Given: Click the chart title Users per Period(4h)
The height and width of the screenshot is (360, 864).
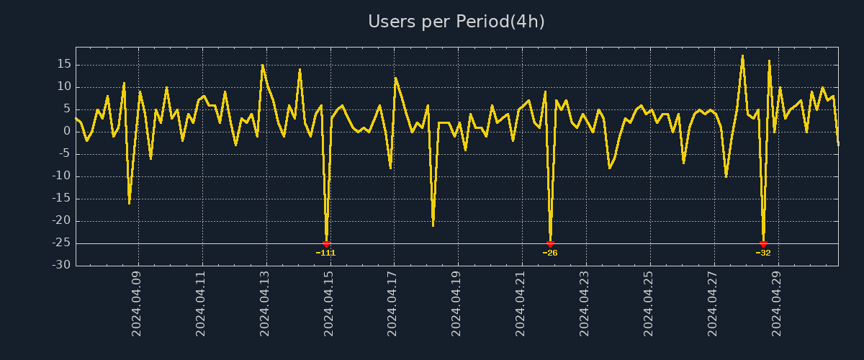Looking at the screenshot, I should coord(456,22).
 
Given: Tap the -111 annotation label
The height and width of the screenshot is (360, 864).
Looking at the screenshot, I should coord(326,253).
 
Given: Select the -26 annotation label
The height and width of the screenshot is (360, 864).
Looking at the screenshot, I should coord(550,253).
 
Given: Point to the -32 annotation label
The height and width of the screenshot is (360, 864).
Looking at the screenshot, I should coord(763,253).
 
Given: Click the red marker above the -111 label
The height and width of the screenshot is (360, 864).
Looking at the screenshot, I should coord(326,244).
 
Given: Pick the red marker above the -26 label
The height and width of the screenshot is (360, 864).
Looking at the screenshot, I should coord(550,244).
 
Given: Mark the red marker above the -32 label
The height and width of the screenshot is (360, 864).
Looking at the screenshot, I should coord(763,244).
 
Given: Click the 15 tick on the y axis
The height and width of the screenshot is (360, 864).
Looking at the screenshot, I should coord(64,64).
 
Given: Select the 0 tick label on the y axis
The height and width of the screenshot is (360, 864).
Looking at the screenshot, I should coord(68,131).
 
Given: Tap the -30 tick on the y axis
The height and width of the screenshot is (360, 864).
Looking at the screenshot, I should coord(62,265).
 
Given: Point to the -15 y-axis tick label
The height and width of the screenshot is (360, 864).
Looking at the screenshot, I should coord(62,198).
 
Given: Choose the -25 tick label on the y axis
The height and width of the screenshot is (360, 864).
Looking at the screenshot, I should coord(62,243).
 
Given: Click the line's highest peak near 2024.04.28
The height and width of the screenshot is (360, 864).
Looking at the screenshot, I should coord(742,55).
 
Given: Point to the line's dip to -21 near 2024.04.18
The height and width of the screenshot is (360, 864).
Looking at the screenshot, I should coord(433,225).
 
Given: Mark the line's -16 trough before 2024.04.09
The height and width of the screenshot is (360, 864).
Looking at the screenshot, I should coord(129,203).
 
